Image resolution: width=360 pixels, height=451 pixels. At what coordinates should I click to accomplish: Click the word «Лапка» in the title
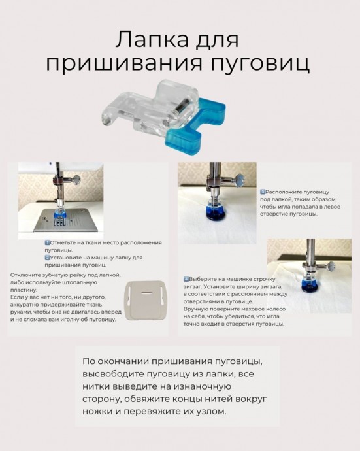(x=152, y=39)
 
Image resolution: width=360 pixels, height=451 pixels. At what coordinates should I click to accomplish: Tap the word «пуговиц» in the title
(x=261, y=64)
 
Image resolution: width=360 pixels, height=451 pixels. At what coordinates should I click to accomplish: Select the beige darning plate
(x=146, y=301)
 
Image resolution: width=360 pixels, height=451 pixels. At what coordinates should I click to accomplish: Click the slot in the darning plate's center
(x=146, y=293)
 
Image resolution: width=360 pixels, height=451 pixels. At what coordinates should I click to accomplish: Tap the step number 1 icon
(x=48, y=242)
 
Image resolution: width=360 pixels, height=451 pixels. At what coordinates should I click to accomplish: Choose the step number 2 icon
(x=48, y=258)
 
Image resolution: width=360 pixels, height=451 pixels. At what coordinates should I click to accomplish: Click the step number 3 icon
(x=263, y=192)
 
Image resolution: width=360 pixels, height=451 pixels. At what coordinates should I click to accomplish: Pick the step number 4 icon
(x=186, y=279)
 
